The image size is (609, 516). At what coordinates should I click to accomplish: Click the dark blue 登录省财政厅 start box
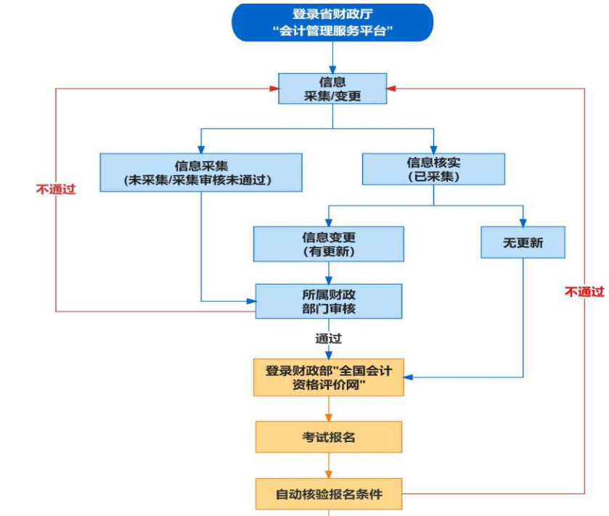coord(332,22)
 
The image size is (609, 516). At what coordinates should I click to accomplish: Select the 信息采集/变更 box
coord(332,89)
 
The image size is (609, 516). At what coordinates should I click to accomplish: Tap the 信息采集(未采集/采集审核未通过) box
coord(201,172)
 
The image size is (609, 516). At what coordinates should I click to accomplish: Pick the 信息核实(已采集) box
coord(433,168)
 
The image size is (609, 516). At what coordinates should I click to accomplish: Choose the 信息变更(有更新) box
coord(328,243)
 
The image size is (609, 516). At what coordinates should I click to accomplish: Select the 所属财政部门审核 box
coord(329,300)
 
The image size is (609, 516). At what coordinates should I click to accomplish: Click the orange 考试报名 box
coord(328,437)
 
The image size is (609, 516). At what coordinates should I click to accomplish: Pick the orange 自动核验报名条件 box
coord(328,494)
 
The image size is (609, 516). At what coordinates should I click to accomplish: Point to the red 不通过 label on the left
coord(56,189)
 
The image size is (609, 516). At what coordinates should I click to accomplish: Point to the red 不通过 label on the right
coord(584,292)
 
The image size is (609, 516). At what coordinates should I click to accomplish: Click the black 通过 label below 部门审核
coord(328,338)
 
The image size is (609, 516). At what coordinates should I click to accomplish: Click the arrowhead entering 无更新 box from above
coord(523,222)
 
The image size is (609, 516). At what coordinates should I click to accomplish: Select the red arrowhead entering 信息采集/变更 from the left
coord(274,89)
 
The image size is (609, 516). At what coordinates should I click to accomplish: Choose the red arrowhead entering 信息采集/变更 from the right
coord(391,89)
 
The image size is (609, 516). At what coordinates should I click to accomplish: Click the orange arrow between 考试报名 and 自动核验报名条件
coord(329,465)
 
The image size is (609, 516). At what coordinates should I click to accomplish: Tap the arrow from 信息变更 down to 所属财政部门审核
coord(329,272)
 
